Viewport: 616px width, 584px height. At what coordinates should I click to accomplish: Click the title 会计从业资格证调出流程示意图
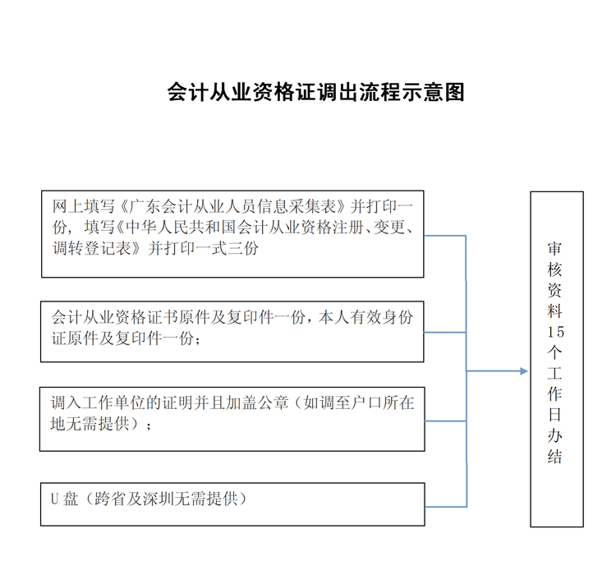(x=316, y=92)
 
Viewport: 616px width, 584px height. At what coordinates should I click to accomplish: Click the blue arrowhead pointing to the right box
(x=524, y=371)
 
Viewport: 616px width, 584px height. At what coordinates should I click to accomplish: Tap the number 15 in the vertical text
(x=556, y=332)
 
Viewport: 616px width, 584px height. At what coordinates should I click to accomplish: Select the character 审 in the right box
(x=555, y=249)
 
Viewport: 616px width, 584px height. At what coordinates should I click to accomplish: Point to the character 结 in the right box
(x=555, y=457)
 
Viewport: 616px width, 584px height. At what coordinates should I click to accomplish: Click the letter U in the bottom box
(x=54, y=499)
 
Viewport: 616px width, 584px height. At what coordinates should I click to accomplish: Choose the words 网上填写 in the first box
(x=83, y=206)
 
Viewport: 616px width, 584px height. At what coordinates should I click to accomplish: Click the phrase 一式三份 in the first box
(x=227, y=248)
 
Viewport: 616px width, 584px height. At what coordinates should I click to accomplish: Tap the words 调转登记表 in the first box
(x=92, y=248)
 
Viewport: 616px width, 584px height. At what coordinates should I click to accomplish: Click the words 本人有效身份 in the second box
(x=365, y=317)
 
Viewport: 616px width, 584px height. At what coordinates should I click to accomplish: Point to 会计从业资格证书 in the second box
(x=114, y=317)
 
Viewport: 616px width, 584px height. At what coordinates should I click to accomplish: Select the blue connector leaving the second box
(x=445, y=333)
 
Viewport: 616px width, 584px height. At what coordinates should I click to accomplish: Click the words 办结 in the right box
(x=555, y=446)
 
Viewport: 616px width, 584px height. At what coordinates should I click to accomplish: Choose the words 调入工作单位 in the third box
(x=98, y=402)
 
